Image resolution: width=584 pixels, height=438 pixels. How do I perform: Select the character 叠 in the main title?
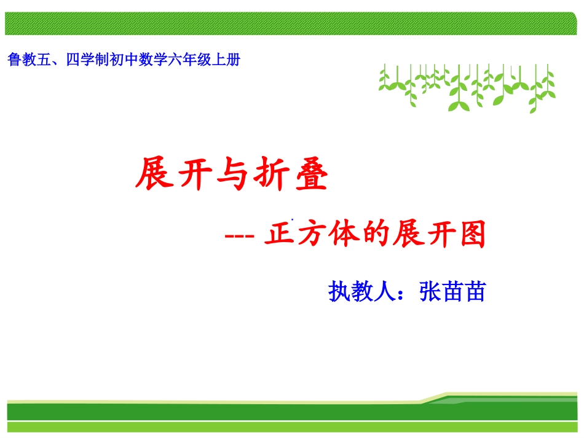(x=309, y=174)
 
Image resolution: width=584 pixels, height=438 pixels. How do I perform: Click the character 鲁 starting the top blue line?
(x=14, y=61)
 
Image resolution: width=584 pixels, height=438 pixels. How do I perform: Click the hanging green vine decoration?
(x=467, y=86)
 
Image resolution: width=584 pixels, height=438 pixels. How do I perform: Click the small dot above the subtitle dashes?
(x=293, y=219)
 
